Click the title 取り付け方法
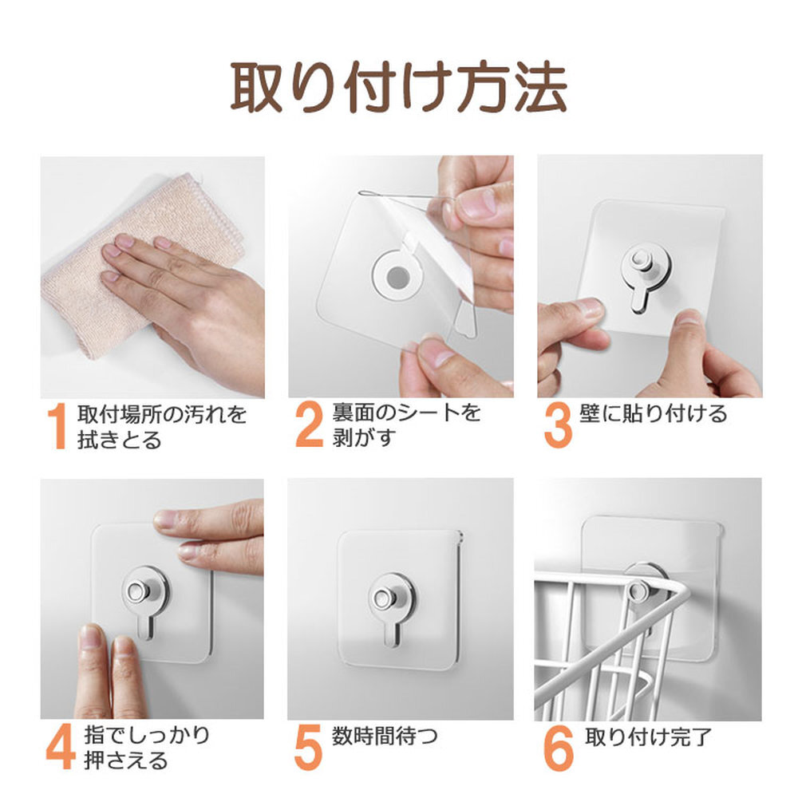[x=399, y=87]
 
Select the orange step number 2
[x=309, y=425]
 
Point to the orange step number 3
[x=558, y=425]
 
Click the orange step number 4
[x=61, y=747]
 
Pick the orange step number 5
[x=308, y=747]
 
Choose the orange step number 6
[x=559, y=748]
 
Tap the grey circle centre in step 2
[x=397, y=278]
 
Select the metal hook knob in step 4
[x=138, y=591]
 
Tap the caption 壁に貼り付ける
[x=654, y=413]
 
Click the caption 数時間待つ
[x=385, y=737]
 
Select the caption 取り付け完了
[x=647, y=737]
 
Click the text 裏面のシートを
[x=407, y=413]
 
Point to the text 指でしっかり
[x=147, y=735]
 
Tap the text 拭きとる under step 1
[x=119, y=440]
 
